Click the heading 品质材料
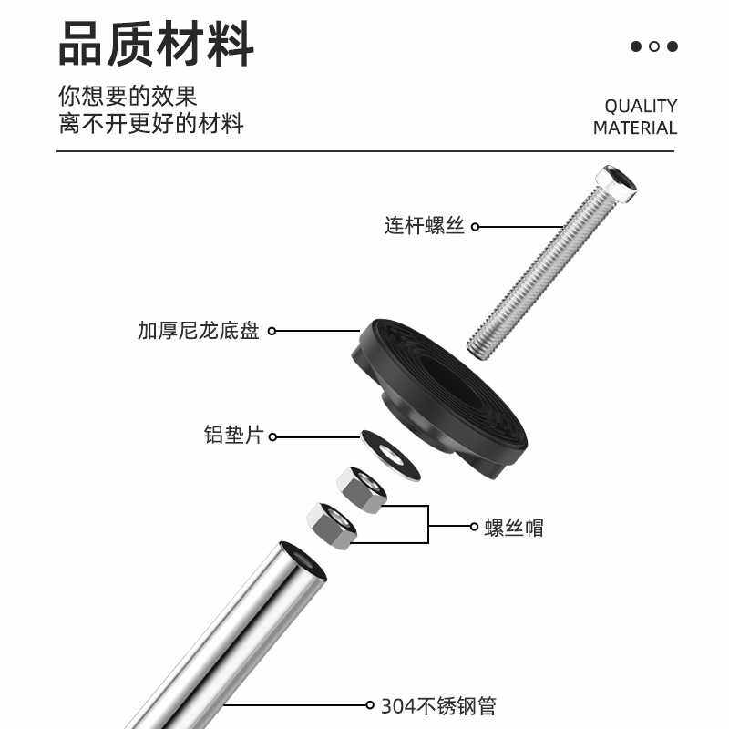tap(156, 44)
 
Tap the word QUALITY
tap(641, 106)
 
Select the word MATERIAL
tap(635, 128)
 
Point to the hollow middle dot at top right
tap(654, 46)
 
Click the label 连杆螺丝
tap(425, 226)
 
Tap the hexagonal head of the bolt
tap(616, 183)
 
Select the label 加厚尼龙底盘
tap(199, 331)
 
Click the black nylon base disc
tap(437, 392)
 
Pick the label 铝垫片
tap(233, 436)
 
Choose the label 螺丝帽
tap(514, 527)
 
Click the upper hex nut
tap(362, 488)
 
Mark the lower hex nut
tap(332, 526)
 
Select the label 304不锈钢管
tap(438, 705)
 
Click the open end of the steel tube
tap(303, 560)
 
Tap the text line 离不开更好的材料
tap(151, 124)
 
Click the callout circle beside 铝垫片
tap(272, 437)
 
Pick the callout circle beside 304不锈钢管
tap(370, 704)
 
